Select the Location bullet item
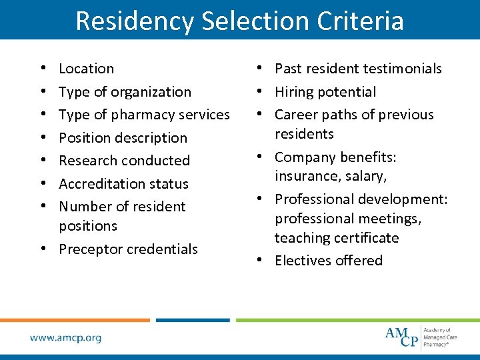[x=86, y=69]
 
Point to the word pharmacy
[x=141, y=115]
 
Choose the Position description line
[x=123, y=138]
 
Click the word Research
[x=87, y=161]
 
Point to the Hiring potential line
[x=325, y=92]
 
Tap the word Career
[x=295, y=115]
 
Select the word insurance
[x=306, y=176]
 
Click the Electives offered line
[x=329, y=261]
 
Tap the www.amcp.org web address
[x=65, y=338]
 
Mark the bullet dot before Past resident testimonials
[x=266, y=69]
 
